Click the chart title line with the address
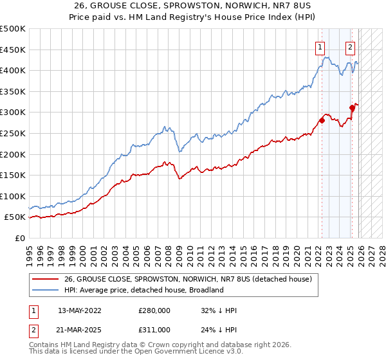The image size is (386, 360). pos(193,6)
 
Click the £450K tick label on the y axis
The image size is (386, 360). pos(13,50)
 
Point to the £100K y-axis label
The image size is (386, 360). pos(13,196)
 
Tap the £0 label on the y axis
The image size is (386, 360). pos(20,238)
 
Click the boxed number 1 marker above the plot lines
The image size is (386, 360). pos(320,46)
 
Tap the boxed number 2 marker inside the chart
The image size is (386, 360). pos(350,46)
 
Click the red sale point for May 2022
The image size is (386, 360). pos(322,120)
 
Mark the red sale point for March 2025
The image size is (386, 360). pos(352,107)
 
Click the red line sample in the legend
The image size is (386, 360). pos(46,279)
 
